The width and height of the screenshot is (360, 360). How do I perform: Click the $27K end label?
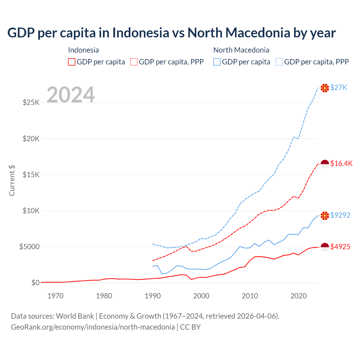pos(339,88)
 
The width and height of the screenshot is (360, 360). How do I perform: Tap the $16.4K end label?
pos(341,163)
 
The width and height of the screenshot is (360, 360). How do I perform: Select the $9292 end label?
pos(340,215)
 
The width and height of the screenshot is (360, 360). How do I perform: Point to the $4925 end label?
pos(340,247)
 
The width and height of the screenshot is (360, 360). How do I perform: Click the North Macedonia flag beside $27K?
pos(325,88)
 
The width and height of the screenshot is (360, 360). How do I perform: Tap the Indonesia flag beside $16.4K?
pos(325,164)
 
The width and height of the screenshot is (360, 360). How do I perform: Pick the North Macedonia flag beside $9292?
pos(325,215)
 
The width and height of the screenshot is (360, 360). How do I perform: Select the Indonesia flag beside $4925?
pos(325,247)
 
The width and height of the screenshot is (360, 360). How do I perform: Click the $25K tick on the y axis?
pos(31,102)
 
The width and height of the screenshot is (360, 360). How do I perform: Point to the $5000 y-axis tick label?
pos(29,247)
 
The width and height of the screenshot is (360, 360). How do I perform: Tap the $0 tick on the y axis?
pos(35,283)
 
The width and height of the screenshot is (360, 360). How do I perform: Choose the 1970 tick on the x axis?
pos(55,296)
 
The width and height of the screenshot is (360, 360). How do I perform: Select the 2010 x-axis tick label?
pos(250,296)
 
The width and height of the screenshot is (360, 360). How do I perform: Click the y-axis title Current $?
pos(12,181)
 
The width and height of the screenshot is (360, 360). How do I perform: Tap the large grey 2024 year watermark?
pos(71,95)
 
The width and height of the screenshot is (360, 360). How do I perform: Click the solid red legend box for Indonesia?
pos(72,62)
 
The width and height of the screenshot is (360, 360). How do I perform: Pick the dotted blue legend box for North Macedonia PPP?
pos(279,62)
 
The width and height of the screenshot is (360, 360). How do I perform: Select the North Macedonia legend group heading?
pos(241,50)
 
